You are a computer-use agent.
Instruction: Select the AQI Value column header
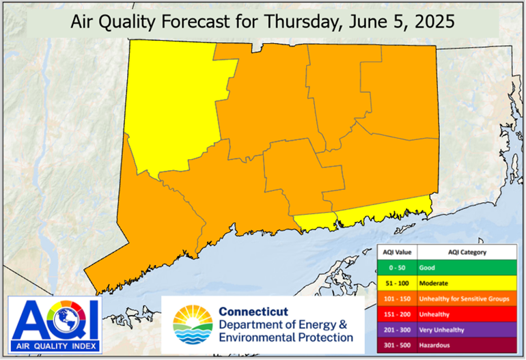pos(397,252)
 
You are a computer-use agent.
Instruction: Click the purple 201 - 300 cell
pos(397,329)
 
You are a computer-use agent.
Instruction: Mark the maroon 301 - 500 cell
pos(397,345)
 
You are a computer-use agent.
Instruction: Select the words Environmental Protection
pos(286,337)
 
